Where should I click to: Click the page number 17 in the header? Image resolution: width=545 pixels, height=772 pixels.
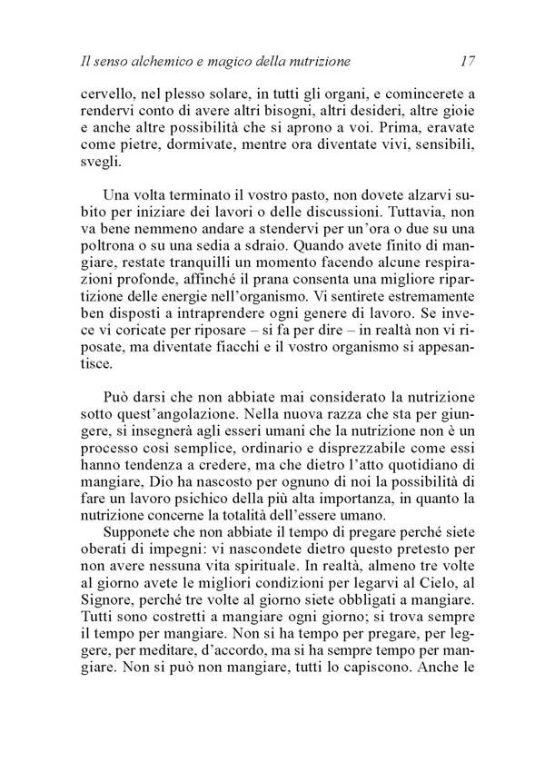469,62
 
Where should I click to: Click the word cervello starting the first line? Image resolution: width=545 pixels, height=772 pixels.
107,94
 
